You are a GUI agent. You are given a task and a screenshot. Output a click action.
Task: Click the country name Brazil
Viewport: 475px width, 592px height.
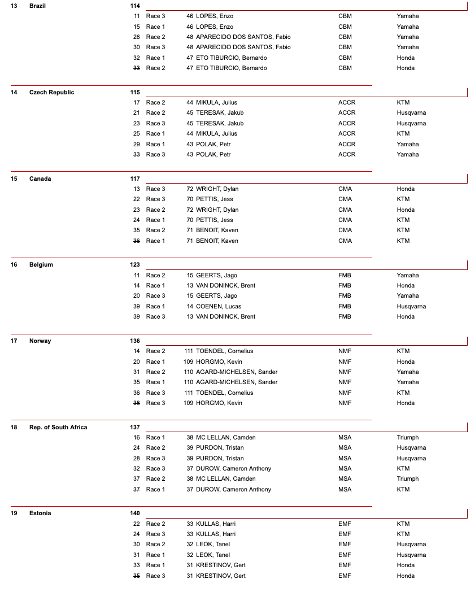click(x=37, y=6)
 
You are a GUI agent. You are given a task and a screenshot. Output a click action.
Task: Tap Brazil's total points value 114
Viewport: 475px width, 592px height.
click(x=135, y=6)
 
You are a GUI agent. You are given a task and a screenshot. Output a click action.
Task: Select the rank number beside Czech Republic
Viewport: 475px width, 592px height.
click(x=14, y=92)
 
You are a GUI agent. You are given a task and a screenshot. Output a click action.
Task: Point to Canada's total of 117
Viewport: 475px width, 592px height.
click(x=135, y=179)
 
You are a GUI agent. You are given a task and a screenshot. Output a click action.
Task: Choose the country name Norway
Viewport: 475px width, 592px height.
click(x=40, y=341)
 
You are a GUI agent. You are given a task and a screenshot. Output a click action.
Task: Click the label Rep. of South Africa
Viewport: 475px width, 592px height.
click(x=58, y=427)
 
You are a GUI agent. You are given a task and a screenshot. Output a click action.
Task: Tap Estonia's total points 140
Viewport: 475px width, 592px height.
click(x=135, y=513)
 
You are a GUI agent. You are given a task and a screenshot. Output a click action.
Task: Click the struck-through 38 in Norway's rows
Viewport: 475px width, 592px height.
click(x=136, y=403)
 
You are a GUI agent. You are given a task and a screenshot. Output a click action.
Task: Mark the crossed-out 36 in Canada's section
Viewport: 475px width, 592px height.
click(x=136, y=241)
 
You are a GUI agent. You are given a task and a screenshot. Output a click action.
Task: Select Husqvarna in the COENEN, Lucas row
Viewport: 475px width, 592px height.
click(x=411, y=306)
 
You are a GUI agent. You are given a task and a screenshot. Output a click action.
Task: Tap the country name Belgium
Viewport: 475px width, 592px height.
click(x=41, y=264)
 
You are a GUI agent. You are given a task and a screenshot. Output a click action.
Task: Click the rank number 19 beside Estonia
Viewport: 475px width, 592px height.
click(x=14, y=513)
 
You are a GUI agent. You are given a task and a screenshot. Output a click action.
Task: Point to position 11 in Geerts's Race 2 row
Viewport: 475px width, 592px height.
click(x=136, y=275)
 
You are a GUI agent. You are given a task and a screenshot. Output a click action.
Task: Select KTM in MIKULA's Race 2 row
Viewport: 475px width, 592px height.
click(x=403, y=102)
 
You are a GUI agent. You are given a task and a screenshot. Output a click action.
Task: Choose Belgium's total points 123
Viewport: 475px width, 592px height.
click(x=135, y=264)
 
